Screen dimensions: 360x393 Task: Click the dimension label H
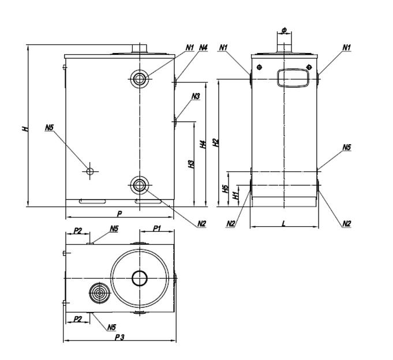point(25,128)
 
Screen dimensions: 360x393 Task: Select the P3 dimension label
point(119,337)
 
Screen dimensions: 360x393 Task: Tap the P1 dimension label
point(156,229)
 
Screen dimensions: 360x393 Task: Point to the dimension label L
point(284,223)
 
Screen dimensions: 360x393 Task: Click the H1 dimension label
point(235,196)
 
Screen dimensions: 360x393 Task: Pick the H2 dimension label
point(216,142)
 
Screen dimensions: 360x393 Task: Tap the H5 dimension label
point(226,188)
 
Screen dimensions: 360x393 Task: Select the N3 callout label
point(196,96)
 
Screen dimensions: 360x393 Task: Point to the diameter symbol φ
point(285,29)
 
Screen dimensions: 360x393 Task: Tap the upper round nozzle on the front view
point(140,78)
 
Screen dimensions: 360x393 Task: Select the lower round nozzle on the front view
point(140,185)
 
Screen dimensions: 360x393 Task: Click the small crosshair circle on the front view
point(89,171)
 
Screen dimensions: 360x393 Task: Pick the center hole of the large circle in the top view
point(140,279)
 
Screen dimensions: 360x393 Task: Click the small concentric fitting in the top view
point(99,294)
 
